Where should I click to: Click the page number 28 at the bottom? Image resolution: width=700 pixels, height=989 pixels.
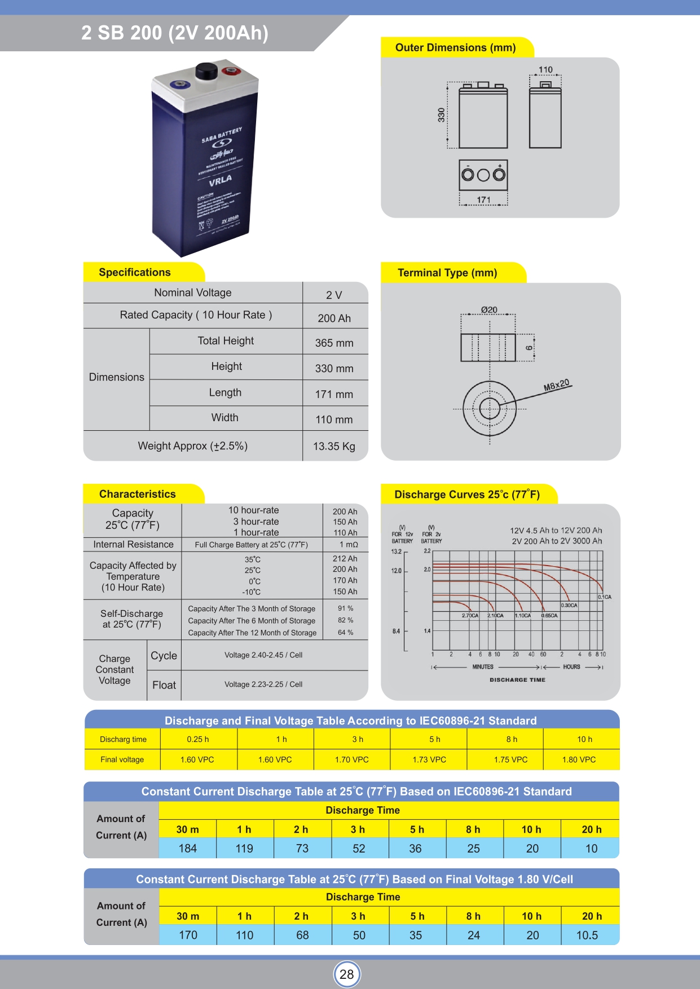346,974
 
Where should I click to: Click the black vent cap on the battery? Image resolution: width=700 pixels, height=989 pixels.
206,72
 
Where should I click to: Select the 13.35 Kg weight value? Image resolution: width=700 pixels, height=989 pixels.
334,447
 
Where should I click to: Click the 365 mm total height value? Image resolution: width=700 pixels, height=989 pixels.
334,343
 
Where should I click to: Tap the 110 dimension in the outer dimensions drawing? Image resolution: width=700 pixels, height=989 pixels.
545,70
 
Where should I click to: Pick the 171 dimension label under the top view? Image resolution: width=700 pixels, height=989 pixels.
483,200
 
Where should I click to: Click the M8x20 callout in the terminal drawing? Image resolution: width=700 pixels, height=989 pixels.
557,385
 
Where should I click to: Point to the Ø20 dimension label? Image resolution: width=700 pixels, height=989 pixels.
489,310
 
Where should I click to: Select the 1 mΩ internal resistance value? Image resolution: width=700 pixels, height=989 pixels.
349,545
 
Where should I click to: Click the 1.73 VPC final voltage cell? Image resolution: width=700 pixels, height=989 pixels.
429,760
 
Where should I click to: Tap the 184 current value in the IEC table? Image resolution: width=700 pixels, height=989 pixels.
187,849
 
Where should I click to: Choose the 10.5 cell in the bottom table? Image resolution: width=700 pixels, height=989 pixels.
587,935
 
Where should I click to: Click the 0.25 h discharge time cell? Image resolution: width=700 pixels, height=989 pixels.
198,739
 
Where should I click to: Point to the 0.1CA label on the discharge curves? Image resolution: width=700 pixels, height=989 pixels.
604,597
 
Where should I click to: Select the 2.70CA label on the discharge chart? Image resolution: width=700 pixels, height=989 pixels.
470,616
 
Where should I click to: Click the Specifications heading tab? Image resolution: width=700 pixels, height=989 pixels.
135,272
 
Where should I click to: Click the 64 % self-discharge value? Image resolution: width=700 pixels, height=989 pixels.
345,633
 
